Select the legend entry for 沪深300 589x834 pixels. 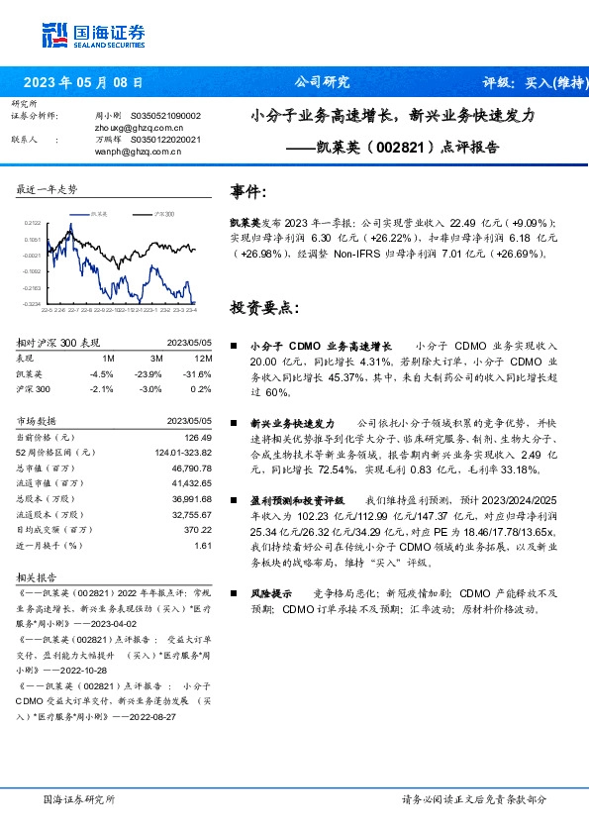pyautogui.click(x=164, y=213)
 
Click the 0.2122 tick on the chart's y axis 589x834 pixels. pyautogui.click(x=33, y=224)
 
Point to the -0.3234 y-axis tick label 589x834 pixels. pyautogui.click(x=32, y=303)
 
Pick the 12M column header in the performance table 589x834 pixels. pyautogui.click(x=202, y=358)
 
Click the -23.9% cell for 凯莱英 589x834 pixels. pyautogui.click(x=149, y=374)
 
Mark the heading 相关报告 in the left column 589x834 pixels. pyautogui.click(x=37, y=575)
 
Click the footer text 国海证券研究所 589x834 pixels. pyautogui.click(x=79, y=798)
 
